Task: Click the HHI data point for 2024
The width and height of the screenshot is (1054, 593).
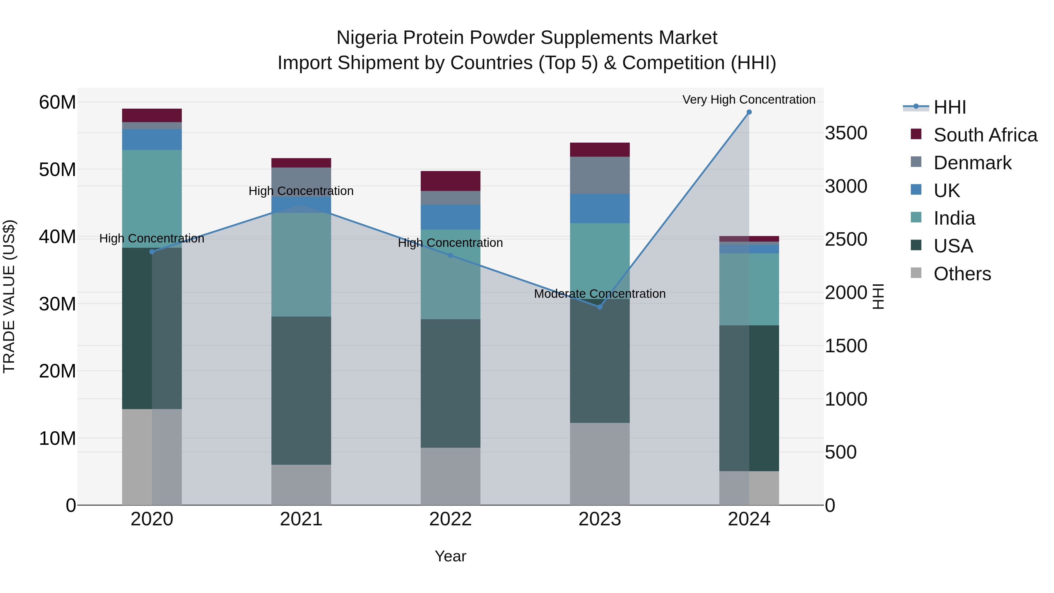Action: click(x=749, y=112)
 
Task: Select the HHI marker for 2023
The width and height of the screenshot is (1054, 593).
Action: click(x=600, y=307)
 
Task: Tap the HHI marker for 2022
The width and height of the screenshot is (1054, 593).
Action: click(x=451, y=255)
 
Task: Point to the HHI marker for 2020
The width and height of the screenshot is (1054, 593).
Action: click(x=152, y=252)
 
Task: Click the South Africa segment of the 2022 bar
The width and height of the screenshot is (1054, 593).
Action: click(x=451, y=181)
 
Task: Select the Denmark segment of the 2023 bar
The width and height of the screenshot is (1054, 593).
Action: click(x=600, y=175)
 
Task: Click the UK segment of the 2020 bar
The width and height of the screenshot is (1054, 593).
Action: click(x=152, y=140)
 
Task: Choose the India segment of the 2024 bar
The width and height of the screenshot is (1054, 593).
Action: click(x=749, y=289)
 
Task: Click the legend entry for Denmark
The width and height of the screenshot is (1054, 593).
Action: click(x=972, y=163)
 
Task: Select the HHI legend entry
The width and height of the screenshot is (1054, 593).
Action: click(x=949, y=107)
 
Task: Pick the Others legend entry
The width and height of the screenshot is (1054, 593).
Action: click(x=961, y=274)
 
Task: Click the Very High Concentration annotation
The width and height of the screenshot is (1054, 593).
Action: click(x=749, y=100)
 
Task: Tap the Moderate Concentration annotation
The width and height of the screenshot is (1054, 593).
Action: click(x=600, y=294)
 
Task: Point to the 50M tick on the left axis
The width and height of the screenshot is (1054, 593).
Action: click(x=57, y=170)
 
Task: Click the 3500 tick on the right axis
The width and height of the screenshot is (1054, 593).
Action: click(x=846, y=134)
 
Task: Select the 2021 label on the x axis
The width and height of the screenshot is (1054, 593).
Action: click(x=301, y=519)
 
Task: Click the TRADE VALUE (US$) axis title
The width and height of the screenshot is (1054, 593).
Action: click(x=9, y=296)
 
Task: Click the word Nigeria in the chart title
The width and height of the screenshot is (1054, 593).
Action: click(x=367, y=38)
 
